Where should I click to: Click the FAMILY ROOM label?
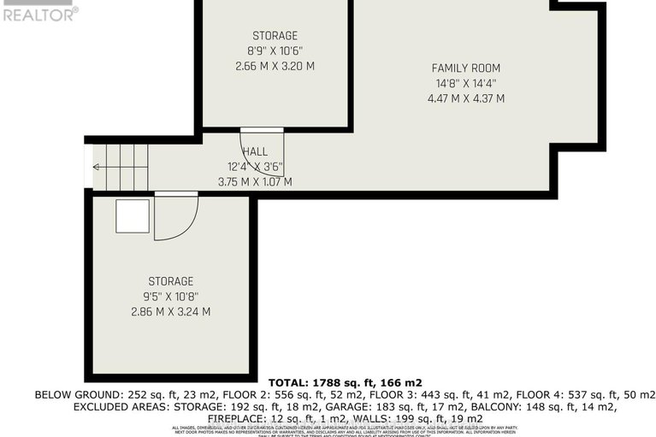pyautogui.click(x=465, y=68)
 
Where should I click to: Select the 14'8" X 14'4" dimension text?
pyautogui.click(x=465, y=83)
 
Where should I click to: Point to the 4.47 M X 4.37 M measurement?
pyautogui.click(x=465, y=98)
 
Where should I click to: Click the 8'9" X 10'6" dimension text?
pyautogui.click(x=275, y=50)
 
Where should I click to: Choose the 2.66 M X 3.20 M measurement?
pyautogui.click(x=275, y=66)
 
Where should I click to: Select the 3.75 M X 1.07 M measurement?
pyautogui.click(x=255, y=181)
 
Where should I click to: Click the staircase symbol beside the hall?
pyautogui.click(x=120, y=168)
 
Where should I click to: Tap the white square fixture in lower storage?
pyautogui.click(x=133, y=216)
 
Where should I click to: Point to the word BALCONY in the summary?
pyautogui.click(x=520, y=408)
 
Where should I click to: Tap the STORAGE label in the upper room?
pyautogui.click(x=275, y=36)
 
